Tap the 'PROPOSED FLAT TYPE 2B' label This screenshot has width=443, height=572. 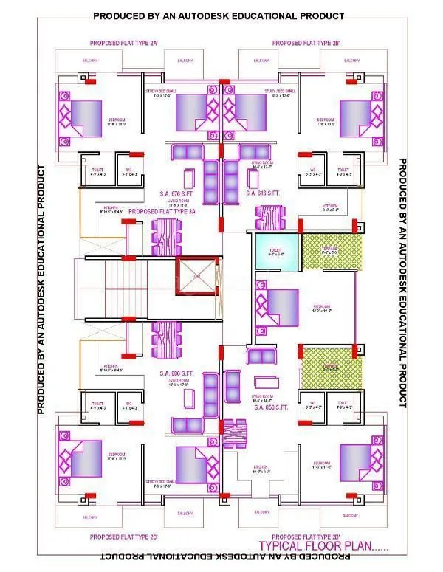coord(306,44)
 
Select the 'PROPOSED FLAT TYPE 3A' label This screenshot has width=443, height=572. coord(165,211)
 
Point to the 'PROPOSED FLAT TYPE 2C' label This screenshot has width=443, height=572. coord(122,537)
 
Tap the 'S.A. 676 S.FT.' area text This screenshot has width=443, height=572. coord(178,195)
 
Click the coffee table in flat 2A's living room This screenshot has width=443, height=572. coord(188,179)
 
